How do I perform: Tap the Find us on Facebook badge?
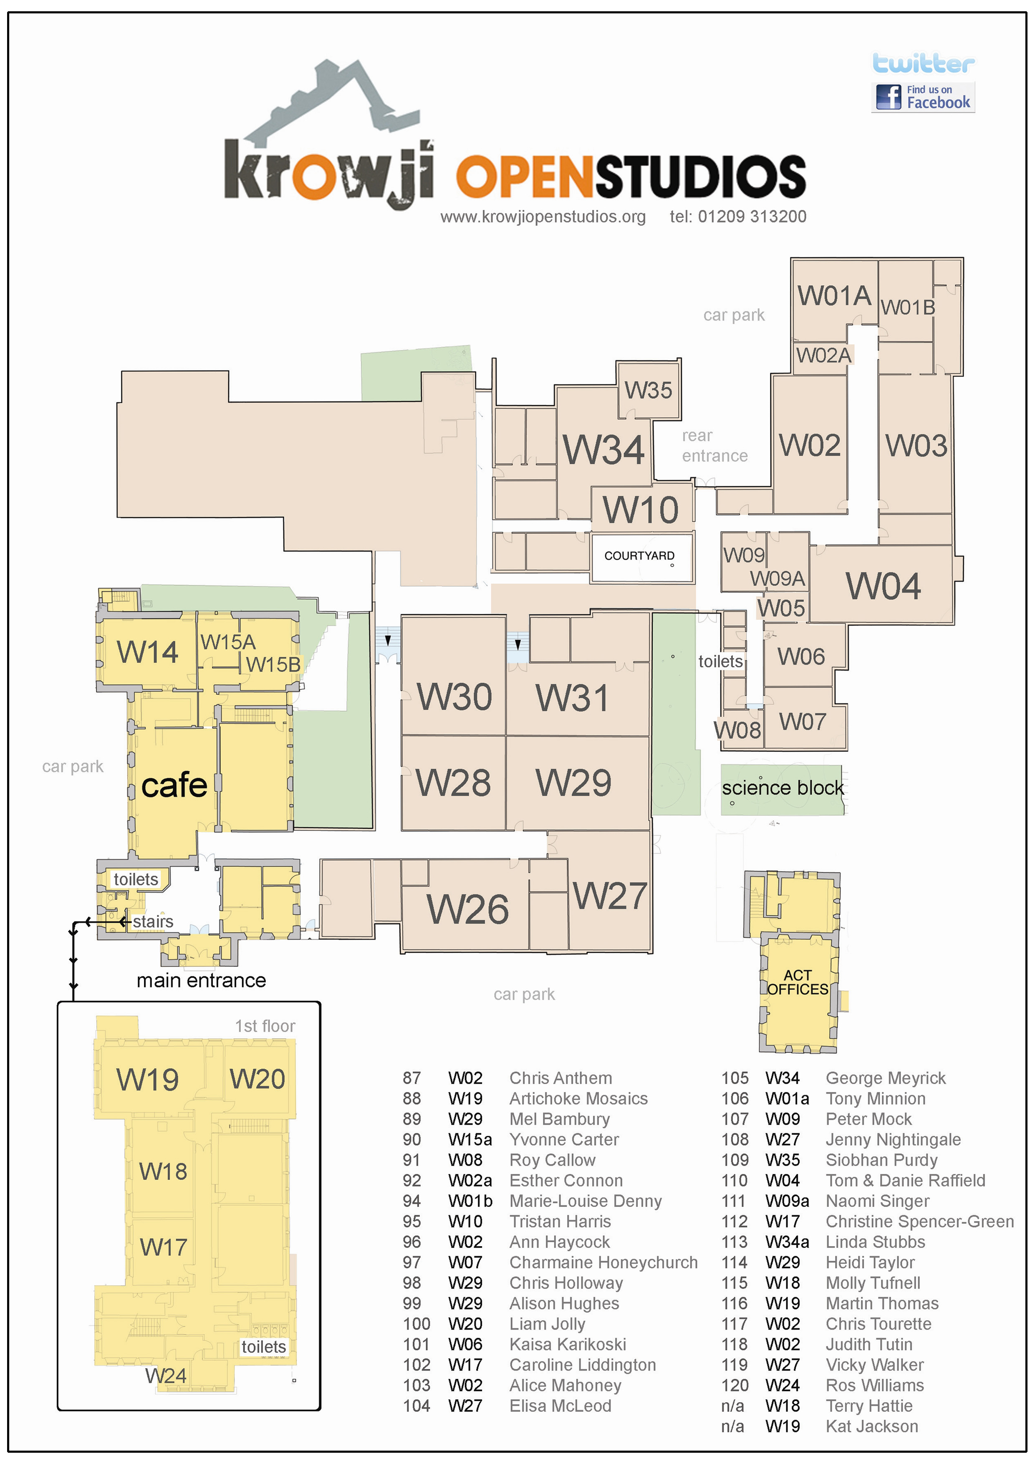click(923, 97)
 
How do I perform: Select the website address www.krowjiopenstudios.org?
click(543, 217)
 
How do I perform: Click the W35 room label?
click(648, 390)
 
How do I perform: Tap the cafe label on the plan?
click(174, 785)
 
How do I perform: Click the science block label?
click(783, 788)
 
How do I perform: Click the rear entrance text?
click(714, 446)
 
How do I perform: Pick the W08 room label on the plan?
click(737, 730)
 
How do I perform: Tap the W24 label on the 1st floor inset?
click(166, 1376)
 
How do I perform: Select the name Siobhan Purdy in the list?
click(881, 1160)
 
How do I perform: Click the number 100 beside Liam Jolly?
click(417, 1324)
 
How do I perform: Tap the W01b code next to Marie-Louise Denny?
click(470, 1201)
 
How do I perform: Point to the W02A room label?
click(823, 355)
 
